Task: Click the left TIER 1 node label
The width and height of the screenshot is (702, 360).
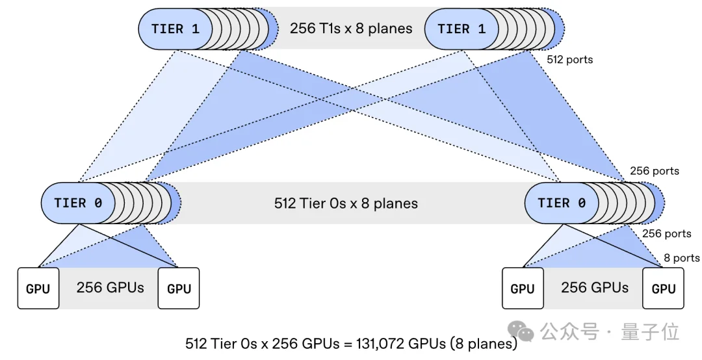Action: [x=175, y=29]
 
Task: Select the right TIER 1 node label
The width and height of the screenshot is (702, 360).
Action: [x=461, y=29]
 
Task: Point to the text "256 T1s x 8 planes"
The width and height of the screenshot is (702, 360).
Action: [x=351, y=29]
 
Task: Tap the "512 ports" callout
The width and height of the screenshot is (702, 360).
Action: [x=569, y=60]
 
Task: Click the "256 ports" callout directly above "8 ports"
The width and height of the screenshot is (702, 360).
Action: [x=667, y=233]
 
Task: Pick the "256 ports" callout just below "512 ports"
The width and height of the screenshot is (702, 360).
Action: [x=655, y=171]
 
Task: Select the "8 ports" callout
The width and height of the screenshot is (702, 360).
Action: [x=681, y=258]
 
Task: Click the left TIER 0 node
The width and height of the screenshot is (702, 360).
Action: [x=79, y=203]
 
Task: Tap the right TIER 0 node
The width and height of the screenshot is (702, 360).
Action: [x=562, y=203]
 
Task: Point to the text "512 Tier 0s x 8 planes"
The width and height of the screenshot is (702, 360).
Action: [x=346, y=203]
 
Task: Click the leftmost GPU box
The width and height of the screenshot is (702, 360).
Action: [x=38, y=289]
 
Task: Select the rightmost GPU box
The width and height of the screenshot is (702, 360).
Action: [x=663, y=289]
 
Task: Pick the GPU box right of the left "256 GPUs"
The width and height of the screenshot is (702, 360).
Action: [x=179, y=289]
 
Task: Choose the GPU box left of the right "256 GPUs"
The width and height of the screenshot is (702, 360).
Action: [x=523, y=289]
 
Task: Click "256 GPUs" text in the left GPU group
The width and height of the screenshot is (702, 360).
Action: [x=110, y=287]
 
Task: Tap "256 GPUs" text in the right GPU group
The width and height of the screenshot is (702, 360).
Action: [x=595, y=287]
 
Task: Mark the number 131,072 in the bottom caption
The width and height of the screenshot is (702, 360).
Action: [x=378, y=344]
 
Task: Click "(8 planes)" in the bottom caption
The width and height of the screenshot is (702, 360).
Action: [x=484, y=344]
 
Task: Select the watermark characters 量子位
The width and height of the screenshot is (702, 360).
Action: [x=649, y=332]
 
